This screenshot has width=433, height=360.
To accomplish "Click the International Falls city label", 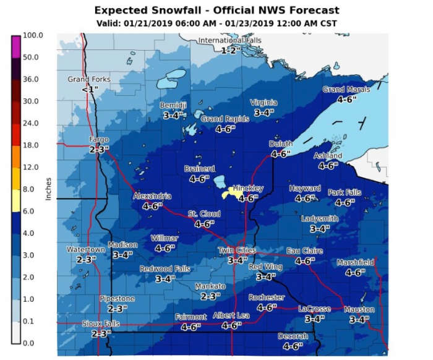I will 229,41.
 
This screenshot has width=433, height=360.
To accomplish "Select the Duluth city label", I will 281,144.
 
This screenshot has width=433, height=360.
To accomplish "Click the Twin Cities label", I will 236,251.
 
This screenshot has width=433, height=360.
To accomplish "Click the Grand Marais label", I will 346,90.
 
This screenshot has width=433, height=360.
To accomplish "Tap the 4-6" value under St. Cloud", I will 204,224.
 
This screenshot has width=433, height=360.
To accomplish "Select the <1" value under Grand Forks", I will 89,89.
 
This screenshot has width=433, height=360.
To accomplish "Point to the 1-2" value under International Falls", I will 230,50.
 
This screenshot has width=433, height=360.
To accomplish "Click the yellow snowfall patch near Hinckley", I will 235,193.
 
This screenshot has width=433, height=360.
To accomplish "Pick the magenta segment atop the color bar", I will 16,46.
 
